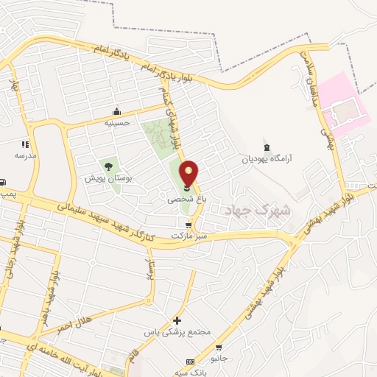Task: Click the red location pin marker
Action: click(x=189, y=174)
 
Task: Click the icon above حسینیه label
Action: click(x=116, y=112)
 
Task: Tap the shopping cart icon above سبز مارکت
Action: click(x=189, y=225)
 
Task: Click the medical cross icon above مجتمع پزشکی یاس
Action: click(x=177, y=320)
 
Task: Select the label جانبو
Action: click(x=219, y=359)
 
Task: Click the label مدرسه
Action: click(x=25, y=155)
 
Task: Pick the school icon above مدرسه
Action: click(x=25, y=144)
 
